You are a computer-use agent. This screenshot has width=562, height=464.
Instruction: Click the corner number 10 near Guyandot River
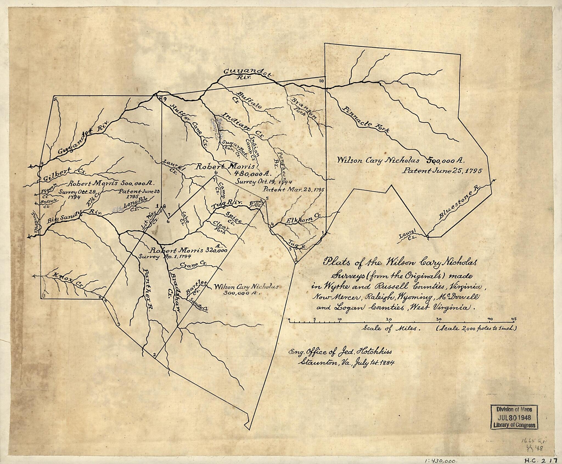click(322, 81)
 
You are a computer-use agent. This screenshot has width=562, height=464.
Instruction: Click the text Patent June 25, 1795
click(442, 171)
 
